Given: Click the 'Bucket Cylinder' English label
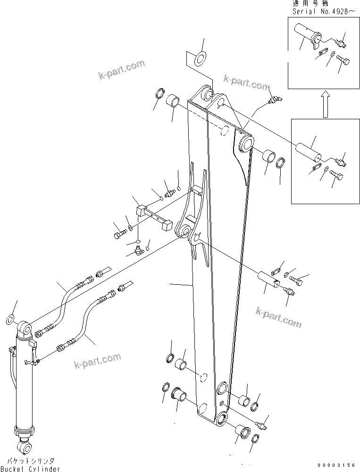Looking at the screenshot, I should [30, 468].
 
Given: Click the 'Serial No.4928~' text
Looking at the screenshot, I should [319, 10].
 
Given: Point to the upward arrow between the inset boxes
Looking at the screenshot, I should [325, 104].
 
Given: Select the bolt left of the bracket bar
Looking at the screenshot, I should [120, 232].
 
